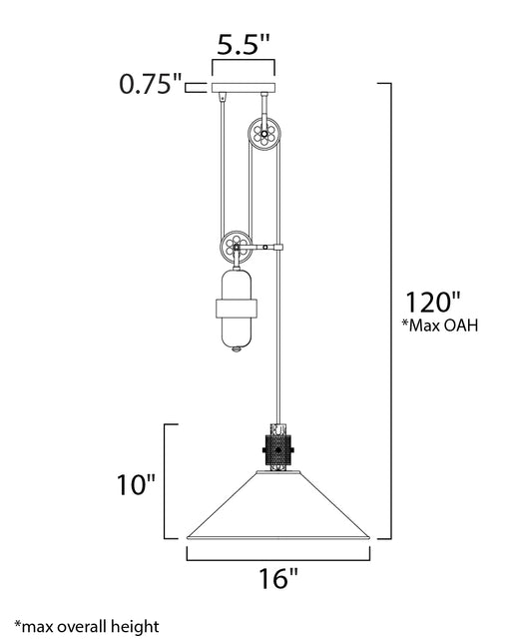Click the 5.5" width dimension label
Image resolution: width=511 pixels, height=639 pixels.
pyautogui.click(x=244, y=44)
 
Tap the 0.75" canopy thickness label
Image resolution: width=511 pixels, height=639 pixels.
pyautogui.click(x=150, y=84)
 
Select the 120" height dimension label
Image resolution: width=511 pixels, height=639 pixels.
pyautogui.click(x=432, y=302)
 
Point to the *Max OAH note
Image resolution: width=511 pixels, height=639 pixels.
pyautogui.click(x=440, y=325)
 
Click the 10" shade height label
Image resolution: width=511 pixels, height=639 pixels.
pyautogui.click(x=136, y=485)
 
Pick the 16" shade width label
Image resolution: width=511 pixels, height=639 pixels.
pyautogui.click(x=278, y=578)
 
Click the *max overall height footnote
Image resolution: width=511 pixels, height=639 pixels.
pyautogui.click(x=87, y=626)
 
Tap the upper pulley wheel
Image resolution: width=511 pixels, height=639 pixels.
pyautogui.click(x=264, y=133)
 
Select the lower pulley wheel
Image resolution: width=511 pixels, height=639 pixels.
pyautogui.click(x=236, y=247)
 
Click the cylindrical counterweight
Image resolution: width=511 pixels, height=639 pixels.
pyautogui.click(x=237, y=309)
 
